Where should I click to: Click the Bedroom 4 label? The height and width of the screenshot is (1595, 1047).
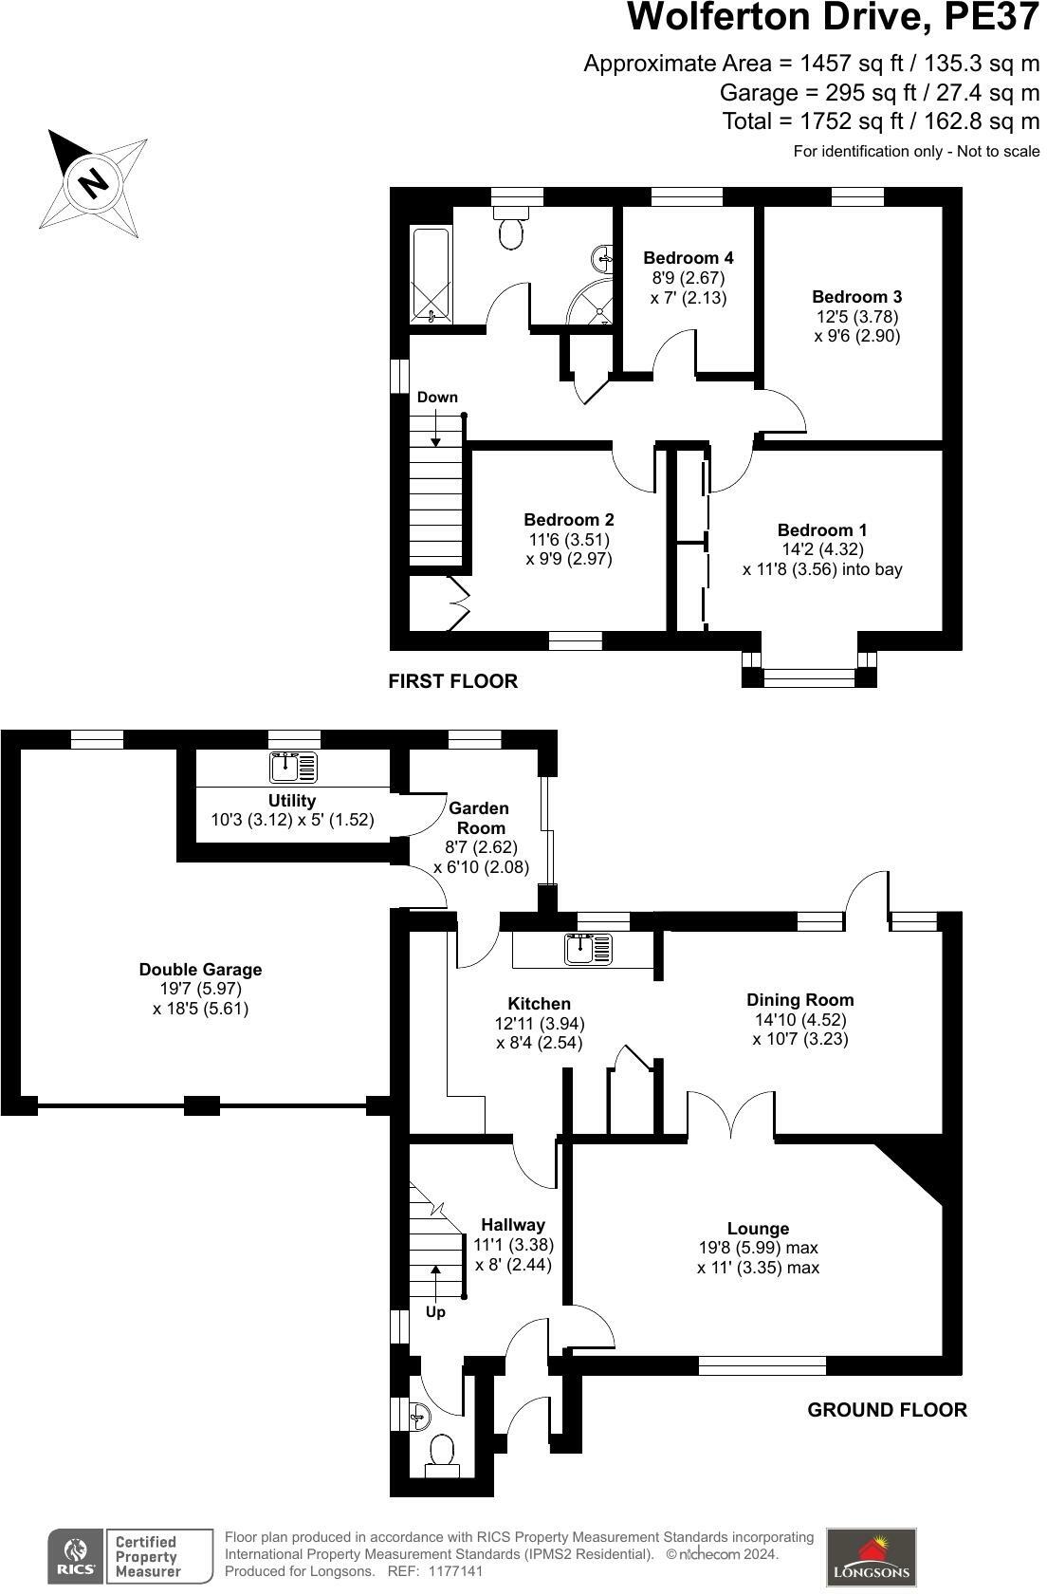click(x=688, y=257)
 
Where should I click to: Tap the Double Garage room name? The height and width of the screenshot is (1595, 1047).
click(x=200, y=970)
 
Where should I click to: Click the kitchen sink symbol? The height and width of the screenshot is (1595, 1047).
click(x=588, y=947)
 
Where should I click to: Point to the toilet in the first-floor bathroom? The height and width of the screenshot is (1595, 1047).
click(x=512, y=228)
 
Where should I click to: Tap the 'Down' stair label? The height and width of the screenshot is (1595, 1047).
click(x=437, y=397)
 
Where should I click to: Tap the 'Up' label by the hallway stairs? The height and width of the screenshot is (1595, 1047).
click(x=435, y=1312)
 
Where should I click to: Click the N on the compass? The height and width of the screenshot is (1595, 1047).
click(x=93, y=180)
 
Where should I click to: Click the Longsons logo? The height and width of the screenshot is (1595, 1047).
click(x=871, y=1557)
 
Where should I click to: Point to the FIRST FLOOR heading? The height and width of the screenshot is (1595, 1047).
click(x=453, y=681)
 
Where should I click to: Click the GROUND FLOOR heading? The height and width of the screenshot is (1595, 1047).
click(x=887, y=1410)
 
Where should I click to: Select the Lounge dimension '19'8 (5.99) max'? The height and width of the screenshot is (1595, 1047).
click(x=759, y=1248)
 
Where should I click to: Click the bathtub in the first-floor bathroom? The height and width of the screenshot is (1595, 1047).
click(x=432, y=275)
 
